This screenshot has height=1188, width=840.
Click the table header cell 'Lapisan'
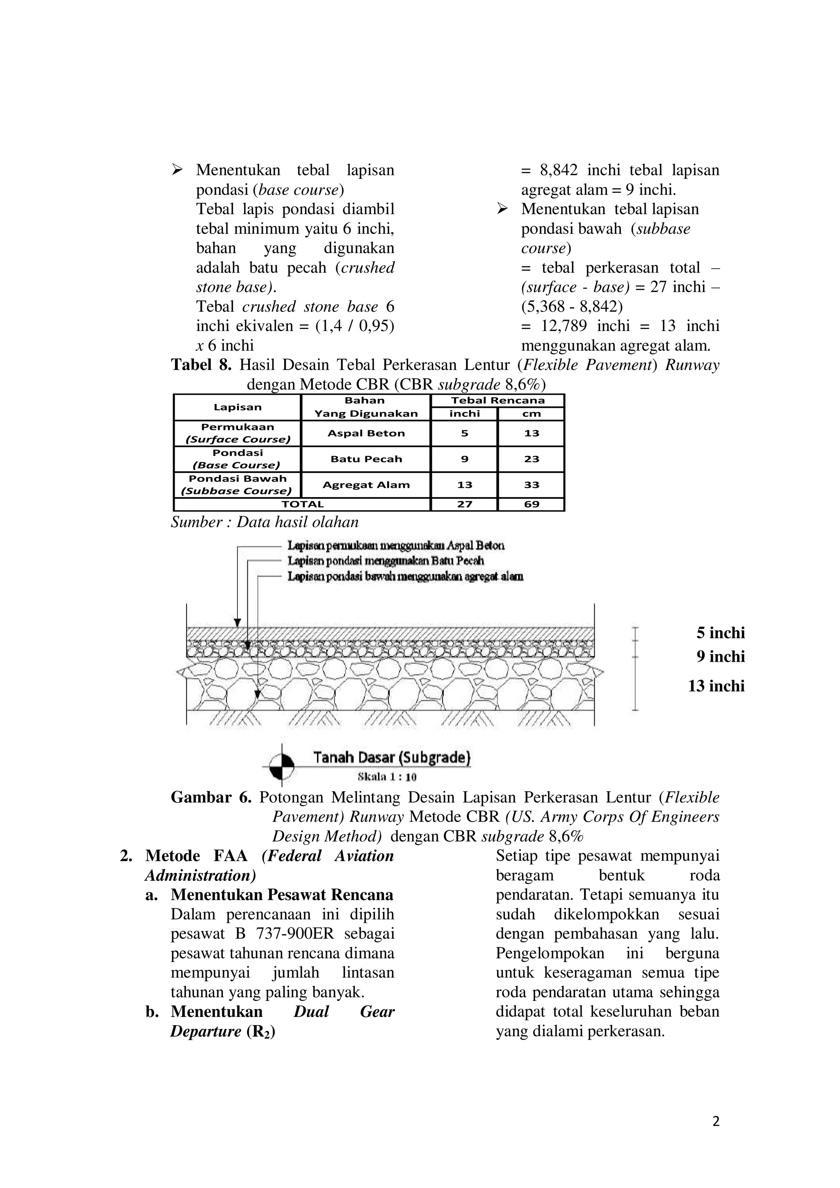click(x=237, y=407)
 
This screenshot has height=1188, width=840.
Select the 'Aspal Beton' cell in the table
click(x=366, y=434)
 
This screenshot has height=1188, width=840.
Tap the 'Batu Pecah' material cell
click(x=366, y=459)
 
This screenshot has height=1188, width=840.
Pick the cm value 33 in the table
click(x=531, y=485)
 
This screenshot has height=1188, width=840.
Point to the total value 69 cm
click(x=531, y=505)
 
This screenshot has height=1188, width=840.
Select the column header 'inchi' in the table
click(x=464, y=414)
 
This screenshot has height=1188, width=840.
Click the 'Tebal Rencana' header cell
click(x=498, y=400)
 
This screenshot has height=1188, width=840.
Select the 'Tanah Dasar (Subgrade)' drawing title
click(x=392, y=758)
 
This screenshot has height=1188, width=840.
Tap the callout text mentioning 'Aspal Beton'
click(x=396, y=545)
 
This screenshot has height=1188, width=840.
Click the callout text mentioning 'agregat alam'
click(x=405, y=576)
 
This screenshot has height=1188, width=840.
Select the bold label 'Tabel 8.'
click(x=201, y=365)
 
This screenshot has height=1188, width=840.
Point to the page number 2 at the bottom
click(x=716, y=1122)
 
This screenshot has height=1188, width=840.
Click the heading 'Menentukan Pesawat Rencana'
click(x=282, y=895)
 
